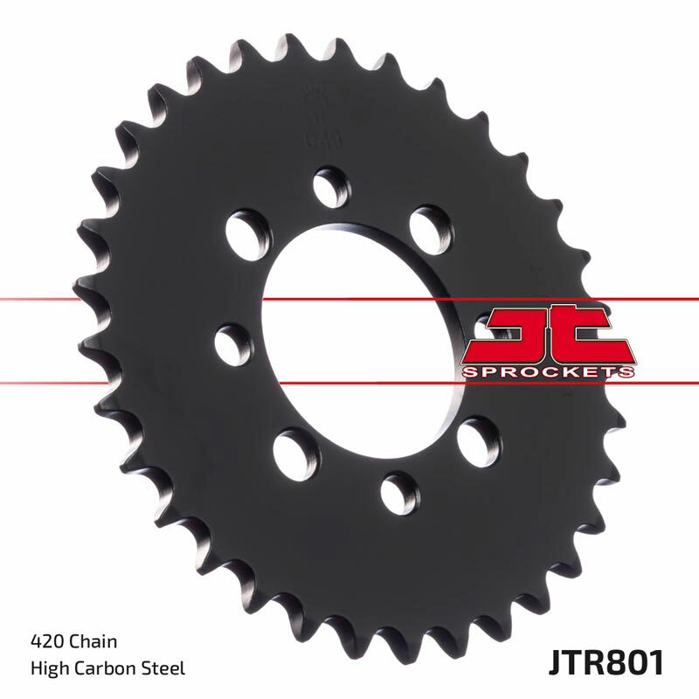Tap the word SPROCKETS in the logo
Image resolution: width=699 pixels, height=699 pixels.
coord(547,373)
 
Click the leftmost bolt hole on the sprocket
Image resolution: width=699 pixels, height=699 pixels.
coord(232,343)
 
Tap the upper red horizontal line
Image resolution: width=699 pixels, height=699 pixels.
coord(131,301)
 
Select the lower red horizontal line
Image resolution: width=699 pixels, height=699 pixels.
coord(131,383)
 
